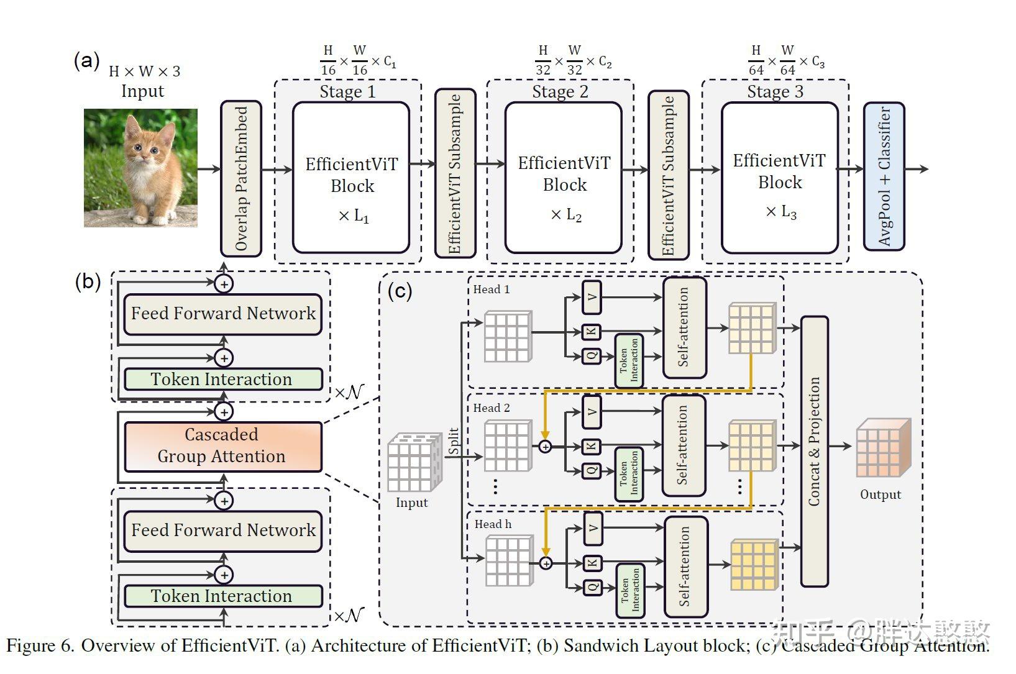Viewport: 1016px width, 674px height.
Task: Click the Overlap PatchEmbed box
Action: [x=241, y=178]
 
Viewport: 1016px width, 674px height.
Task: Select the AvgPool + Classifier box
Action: [x=884, y=176]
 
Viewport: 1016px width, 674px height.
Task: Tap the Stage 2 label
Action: [x=560, y=92]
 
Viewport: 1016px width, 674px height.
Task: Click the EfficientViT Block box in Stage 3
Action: [x=779, y=178]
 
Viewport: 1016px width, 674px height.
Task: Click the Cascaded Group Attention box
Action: [x=222, y=446]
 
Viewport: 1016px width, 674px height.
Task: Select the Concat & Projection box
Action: [x=814, y=452]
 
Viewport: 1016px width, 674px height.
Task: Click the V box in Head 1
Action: [x=592, y=297]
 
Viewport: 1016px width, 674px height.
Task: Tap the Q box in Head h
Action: [x=592, y=586]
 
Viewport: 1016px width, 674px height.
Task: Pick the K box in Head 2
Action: [x=592, y=445]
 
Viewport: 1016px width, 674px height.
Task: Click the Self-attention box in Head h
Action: [x=685, y=567]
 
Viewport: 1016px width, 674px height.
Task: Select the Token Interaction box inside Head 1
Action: [x=629, y=360]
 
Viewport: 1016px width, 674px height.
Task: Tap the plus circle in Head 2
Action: [x=545, y=446]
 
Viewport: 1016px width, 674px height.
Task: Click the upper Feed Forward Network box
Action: [x=222, y=314]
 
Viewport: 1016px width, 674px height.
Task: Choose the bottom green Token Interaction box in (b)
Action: [x=222, y=596]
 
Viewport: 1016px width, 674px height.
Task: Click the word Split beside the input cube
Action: [x=454, y=441]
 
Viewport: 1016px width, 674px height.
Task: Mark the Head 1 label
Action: [x=491, y=289]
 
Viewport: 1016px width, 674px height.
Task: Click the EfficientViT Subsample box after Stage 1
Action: [x=455, y=174]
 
